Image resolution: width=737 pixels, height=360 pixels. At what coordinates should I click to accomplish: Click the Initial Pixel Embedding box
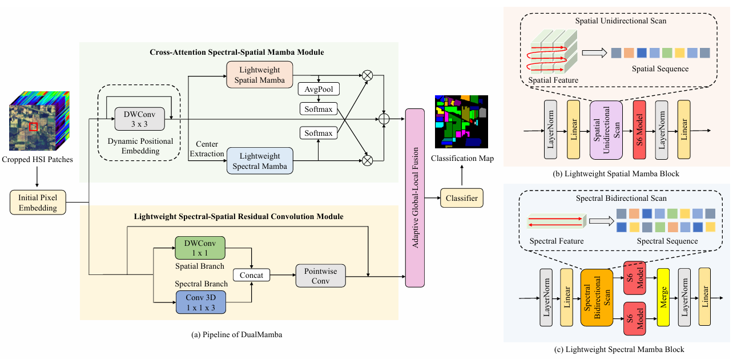click(38, 203)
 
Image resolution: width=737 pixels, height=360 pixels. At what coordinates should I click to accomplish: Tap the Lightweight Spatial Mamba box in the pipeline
click(260, 74)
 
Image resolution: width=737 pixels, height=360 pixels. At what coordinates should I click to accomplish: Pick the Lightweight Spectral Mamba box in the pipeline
click(260, 160)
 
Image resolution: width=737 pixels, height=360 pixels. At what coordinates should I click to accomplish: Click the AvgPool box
click(319, 90)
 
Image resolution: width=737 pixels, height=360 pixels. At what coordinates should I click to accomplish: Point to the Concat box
click(252, 276)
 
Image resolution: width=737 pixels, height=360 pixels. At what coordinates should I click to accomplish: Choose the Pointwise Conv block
click(320, 276)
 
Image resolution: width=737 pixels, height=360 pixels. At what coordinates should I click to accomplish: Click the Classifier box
click(461, 198)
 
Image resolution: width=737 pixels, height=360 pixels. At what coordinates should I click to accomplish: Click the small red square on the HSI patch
click(34, 127)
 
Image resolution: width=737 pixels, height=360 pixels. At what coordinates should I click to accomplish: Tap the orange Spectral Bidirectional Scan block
click(596, 297)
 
